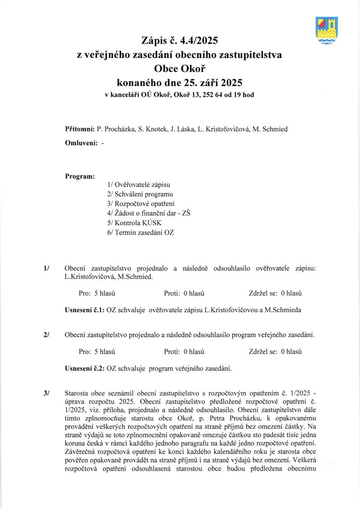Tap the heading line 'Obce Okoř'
[179, 68]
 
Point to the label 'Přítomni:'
[80, 129]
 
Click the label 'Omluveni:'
[81, 143]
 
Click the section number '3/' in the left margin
[46, 393]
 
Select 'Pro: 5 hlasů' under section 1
[97, 293]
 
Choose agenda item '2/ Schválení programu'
[140, 194]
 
